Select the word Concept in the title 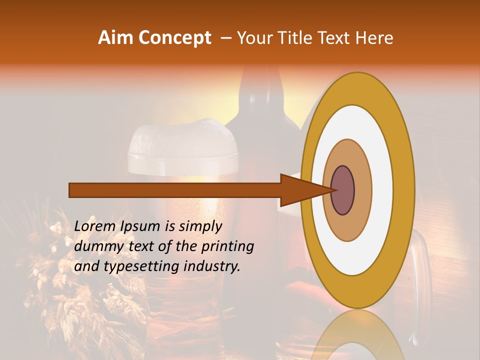pos(174,38)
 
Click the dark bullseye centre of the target pos(343,190)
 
